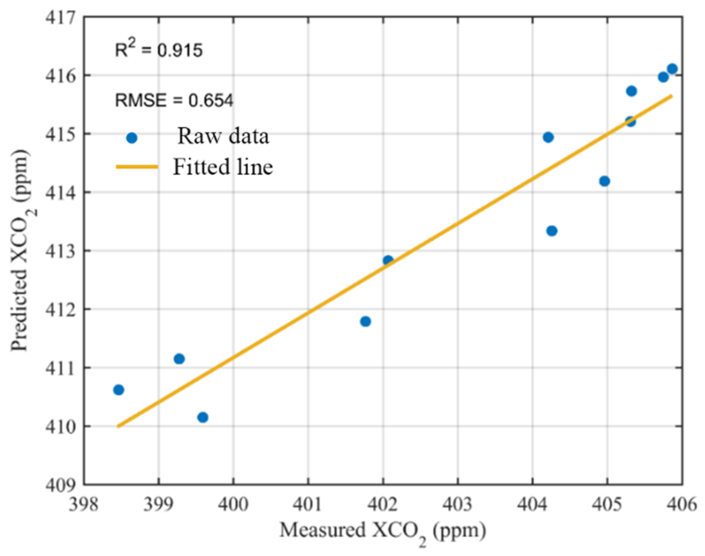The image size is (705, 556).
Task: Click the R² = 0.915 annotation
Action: click(159, 50)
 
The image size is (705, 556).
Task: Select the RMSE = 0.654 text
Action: click(174, 100)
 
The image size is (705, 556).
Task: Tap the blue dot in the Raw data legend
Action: click(131, 138)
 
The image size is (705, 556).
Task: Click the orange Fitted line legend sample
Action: click(137, 167)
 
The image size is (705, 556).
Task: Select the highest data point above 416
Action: click(672, 69)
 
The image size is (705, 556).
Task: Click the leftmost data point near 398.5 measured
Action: click(119, 390)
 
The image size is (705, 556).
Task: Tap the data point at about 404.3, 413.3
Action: click(552, 231)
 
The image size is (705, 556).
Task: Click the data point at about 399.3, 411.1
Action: click(179, 359)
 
